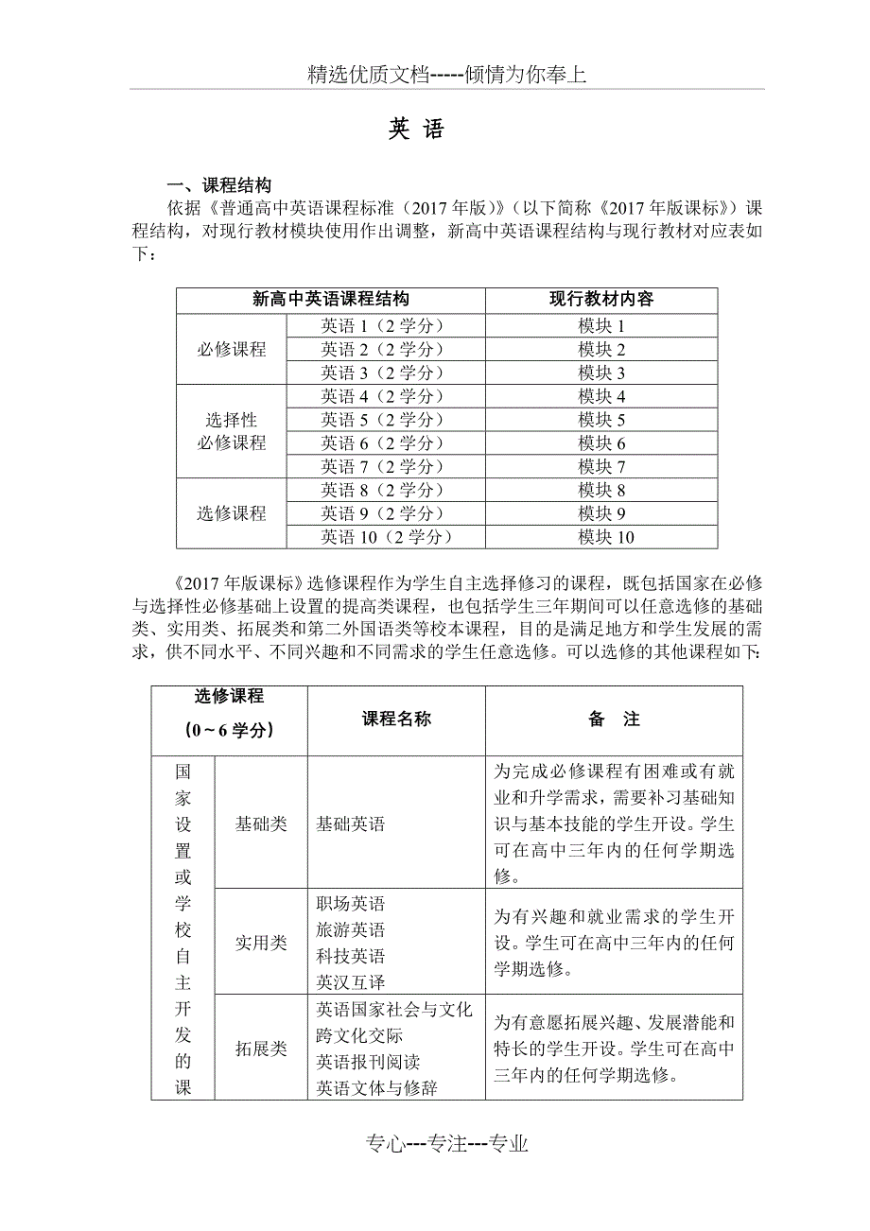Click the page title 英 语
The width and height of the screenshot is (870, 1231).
click(x=415, y=130)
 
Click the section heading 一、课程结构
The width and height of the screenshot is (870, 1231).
click(x=218, y=185)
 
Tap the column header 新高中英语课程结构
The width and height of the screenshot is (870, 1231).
click(x=331, y=300)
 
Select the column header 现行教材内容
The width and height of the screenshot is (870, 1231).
click(x=601, y=300)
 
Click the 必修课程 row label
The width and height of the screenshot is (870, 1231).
click(x=232, y=349)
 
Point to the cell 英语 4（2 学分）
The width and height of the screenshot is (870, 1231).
click(x=382, y=396)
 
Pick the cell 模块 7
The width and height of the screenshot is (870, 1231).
click(x=601, y=466)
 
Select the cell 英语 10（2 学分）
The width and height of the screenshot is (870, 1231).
click(x=386, y=537)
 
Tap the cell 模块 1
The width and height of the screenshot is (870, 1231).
click(x=601, y=325)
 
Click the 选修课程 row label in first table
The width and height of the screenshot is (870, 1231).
click(x=232, y=513)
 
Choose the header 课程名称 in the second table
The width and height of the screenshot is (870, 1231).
click(x=396, y=720)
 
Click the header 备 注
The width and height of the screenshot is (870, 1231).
click(x=614, y=720)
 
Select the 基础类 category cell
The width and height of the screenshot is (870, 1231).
click(x=261, y=824)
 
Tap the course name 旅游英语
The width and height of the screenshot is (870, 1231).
click(x=351, y=929)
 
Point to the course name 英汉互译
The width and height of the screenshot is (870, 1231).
click(x=351, y=982)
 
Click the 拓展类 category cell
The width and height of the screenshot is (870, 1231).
click(x=261, y=1049)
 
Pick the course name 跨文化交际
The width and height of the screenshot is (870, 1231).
click(x=359, y=1035)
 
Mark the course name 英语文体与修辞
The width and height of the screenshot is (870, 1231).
click(x=376, y=1088)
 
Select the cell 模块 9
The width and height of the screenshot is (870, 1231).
click(x=601, y=513)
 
